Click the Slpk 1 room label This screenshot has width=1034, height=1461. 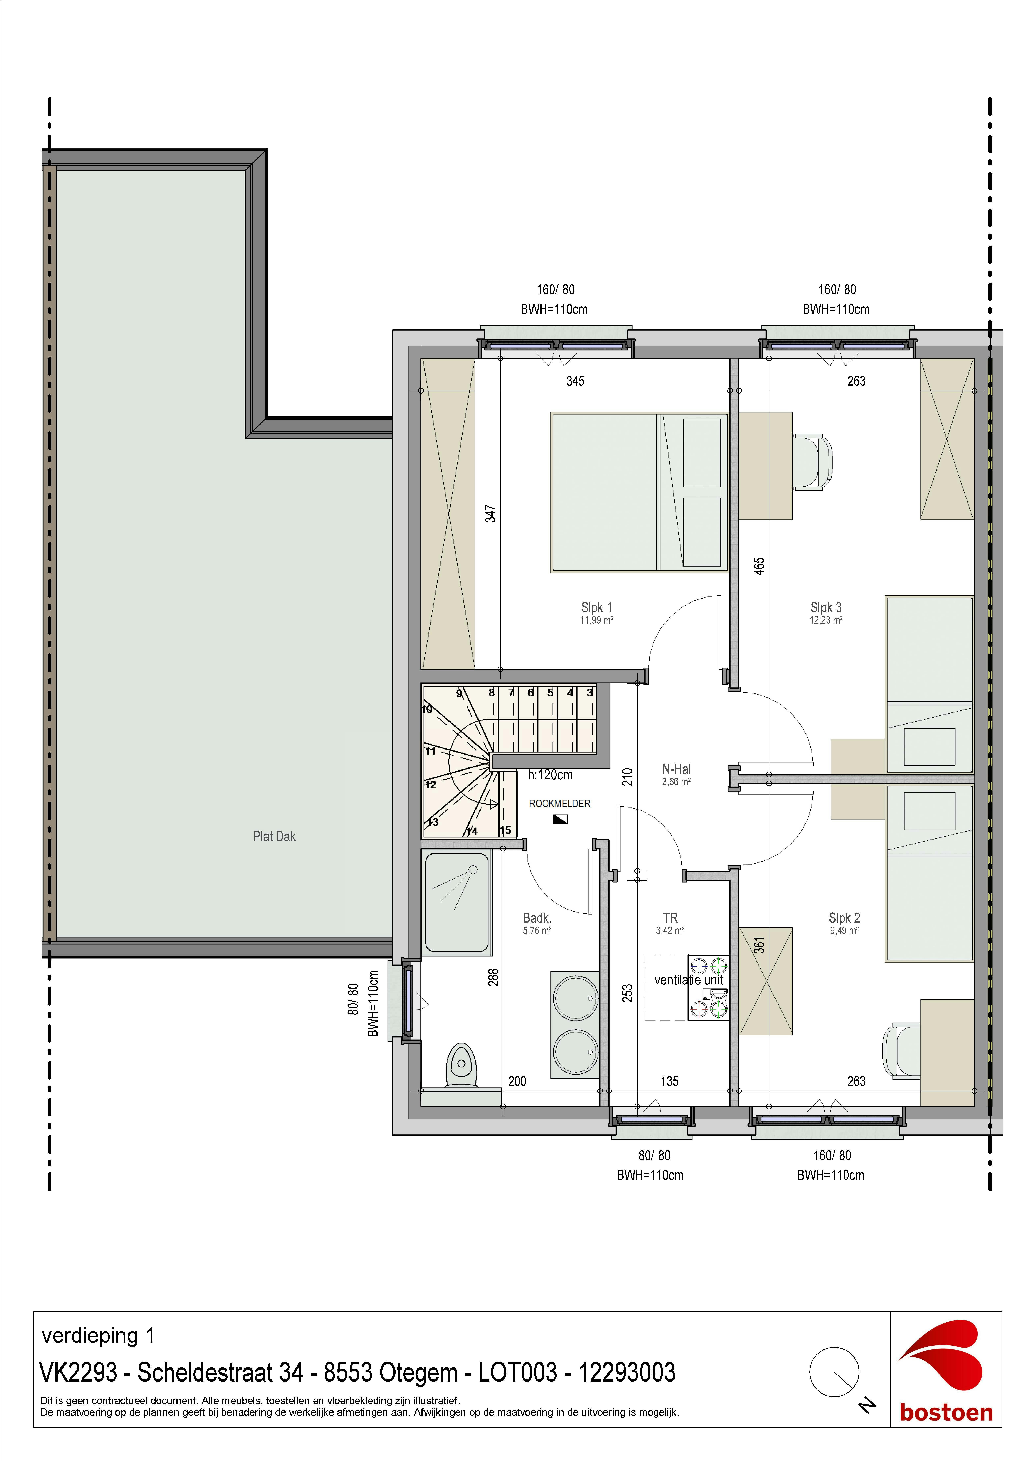click(596, 608)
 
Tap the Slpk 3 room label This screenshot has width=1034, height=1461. click(826, 608)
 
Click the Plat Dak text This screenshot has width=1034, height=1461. click(274, 837)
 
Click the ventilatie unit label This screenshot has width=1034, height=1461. click(688, 980)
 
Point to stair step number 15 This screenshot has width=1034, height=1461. click(505, 830)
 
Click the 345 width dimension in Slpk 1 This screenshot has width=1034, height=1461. click(575, 381)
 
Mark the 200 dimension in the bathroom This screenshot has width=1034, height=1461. click(517, 1082)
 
